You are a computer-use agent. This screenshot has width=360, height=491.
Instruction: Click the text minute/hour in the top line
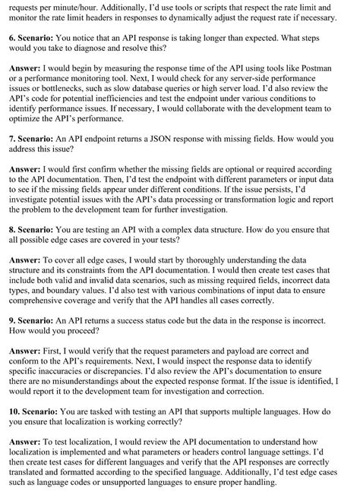[66, 5]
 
